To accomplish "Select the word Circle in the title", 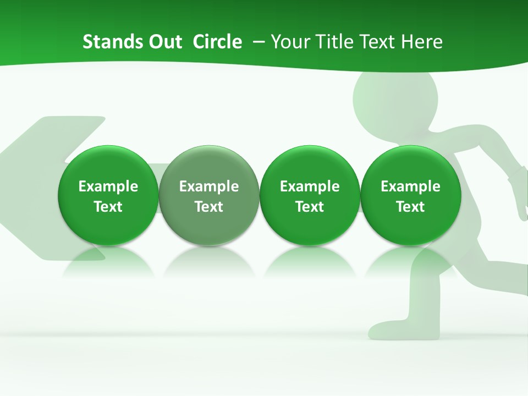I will pos(217,42).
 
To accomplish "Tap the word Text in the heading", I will pos(375,42).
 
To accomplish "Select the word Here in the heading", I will pos(421,42).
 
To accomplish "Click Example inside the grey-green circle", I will pos(209,186).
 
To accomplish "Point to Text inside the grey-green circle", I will pos(209,207).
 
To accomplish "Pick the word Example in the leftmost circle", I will pos(108,186).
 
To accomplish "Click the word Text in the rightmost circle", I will pos(410,207).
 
